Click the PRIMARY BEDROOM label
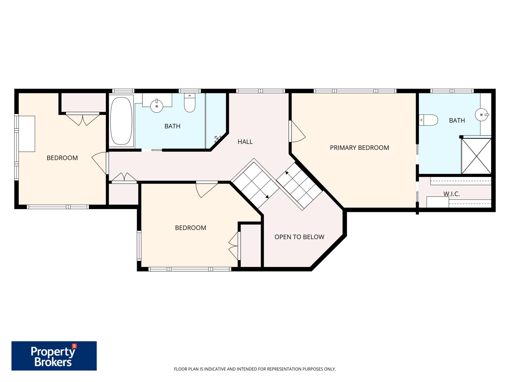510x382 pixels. (x=359, y=148)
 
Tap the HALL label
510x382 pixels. (x=245, y=142)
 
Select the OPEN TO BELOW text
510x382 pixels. (x=299, y=237)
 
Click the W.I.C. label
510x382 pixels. (x=451, y=194)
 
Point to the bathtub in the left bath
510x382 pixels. (x=121, y=121)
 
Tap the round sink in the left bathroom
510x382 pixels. (x=157, y=106)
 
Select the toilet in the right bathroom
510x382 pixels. (x=428, y=120)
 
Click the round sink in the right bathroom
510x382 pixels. (x=481, y=114)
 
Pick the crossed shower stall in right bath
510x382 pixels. (x=477, y=156)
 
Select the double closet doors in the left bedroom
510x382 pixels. (x=83, y=119)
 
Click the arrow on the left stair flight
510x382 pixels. (x=267, y=196)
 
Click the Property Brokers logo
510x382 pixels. (x=54, y=356)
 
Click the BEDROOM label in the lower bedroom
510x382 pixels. (x=190, y=228)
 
